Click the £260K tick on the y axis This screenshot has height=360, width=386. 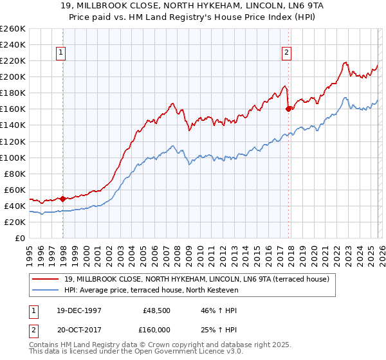tap(12, 29)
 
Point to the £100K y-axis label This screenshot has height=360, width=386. tap(12, 157)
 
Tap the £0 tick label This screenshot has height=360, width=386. tap(19, 238)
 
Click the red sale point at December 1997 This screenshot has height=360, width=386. tap(62, 199)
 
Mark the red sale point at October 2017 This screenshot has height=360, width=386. tap(288, 109)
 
